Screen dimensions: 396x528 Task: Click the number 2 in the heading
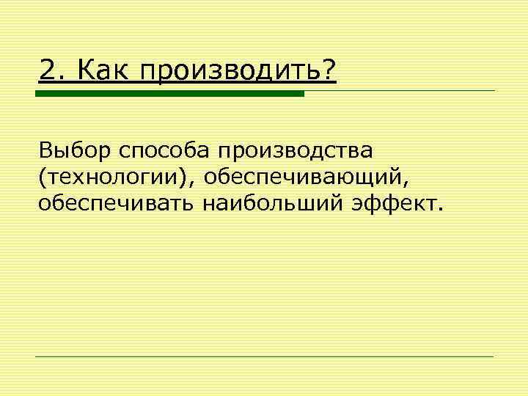click(46, 70)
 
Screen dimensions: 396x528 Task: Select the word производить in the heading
click(227, 71)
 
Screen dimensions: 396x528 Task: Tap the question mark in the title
click(329, 70)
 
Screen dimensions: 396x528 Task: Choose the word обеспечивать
click(115, 201)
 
